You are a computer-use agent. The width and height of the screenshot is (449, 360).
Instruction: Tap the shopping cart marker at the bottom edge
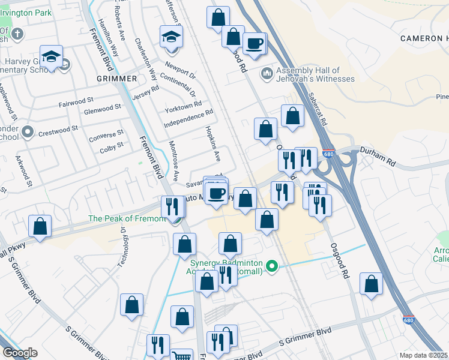click(x=181, y=356)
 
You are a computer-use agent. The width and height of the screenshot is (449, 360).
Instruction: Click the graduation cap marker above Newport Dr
click(x=171, y=37)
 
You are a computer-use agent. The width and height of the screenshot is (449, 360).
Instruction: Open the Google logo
click(x=20, y=353)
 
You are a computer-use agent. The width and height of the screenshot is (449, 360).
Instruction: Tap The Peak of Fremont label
click(x=127, y=218)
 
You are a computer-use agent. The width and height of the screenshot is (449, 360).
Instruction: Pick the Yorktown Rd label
click(x=183, y=106)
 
